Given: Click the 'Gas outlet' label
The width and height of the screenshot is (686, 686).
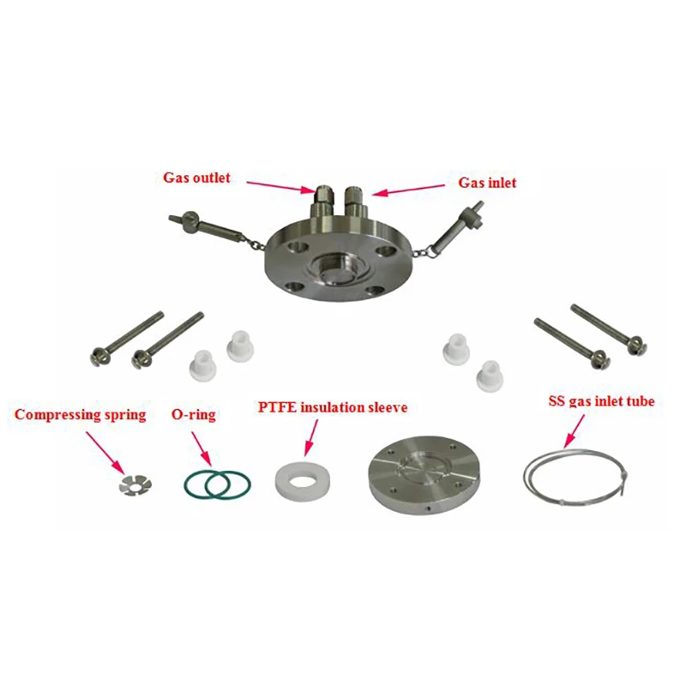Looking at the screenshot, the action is coord(196,178).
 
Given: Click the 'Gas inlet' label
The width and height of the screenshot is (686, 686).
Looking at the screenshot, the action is coord(487,183).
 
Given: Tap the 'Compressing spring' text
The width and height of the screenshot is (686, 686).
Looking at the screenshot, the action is coord(80,415).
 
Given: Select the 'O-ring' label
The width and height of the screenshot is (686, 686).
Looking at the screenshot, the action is coord(194,415).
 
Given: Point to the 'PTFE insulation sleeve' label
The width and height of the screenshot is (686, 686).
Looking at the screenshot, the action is coord(333,407).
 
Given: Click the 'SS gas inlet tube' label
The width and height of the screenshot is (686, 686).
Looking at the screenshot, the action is coord(602,401).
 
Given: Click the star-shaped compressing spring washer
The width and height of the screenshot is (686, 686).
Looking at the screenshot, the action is coord(135,484).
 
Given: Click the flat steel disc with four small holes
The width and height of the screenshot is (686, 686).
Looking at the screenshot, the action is coord(424,475).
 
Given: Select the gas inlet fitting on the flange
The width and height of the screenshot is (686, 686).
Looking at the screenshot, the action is coord(353,202).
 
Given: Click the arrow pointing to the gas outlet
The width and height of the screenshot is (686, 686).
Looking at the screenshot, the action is coord(280,186).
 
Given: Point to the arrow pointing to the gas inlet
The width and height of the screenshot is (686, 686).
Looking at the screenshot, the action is coord(408,190).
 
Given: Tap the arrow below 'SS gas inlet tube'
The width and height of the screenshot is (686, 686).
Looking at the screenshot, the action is coord(574,431).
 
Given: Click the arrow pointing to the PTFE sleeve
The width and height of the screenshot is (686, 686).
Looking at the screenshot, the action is coord(310,438).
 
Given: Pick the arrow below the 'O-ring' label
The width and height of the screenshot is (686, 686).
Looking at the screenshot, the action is coord(202,449).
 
